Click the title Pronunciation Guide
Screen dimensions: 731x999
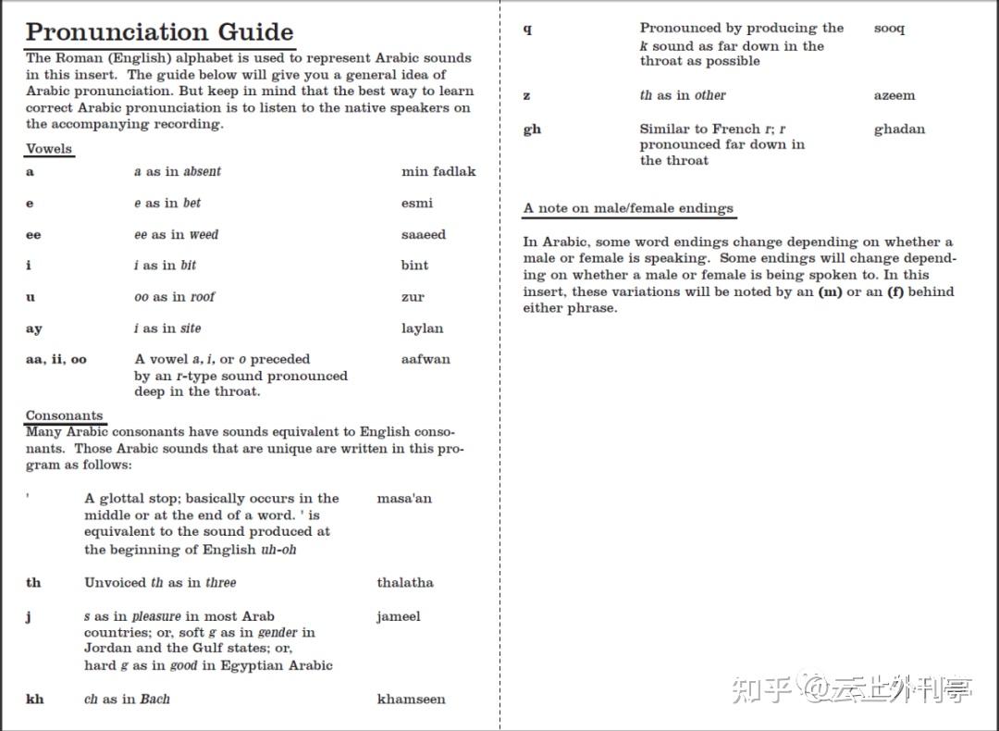159,31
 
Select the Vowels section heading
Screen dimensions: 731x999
49,148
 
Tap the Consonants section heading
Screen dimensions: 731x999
64,415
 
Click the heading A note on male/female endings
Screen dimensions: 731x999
628,208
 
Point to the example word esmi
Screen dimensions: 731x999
416,203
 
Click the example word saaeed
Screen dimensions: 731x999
423,234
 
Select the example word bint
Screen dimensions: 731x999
414,266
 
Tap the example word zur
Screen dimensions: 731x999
413,297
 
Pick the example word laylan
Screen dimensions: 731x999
422,328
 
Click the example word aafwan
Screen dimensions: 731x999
425,359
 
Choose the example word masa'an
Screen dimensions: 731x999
404,498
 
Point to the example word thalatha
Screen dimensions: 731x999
404,582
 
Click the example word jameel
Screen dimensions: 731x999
398,616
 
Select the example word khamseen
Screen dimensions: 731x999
411,699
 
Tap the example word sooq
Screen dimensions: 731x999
889,29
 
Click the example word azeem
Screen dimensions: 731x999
894,95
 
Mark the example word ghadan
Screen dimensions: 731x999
898,129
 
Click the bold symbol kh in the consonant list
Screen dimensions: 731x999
34,699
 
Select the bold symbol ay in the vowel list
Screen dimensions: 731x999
33,328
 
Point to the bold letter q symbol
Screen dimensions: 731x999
527,29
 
